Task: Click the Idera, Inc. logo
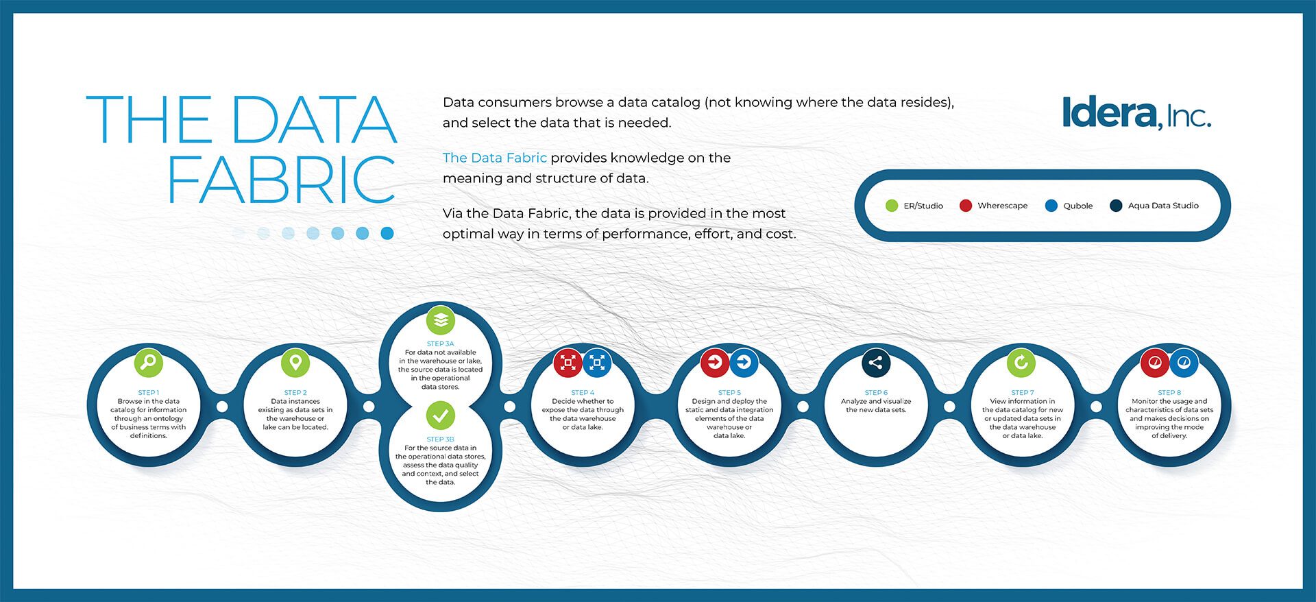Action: (1136, 113)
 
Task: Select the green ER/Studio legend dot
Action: (892, 206)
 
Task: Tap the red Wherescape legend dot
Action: (966, 206)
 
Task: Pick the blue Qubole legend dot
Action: (1051, 206)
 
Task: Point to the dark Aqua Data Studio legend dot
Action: (1116, 206)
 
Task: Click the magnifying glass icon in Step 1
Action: (149, 362)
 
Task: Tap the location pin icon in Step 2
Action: (295, 362)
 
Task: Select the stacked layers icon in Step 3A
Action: (441, 320)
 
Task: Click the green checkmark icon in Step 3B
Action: (441, 415)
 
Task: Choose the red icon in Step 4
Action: (568, 363)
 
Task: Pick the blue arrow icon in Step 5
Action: (744, 362)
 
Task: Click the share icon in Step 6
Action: (876, 363)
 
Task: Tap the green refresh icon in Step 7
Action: (1021, 362)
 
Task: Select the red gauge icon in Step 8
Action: (1154, 363)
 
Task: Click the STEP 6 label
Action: (876, 393)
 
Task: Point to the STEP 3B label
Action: (441, 439)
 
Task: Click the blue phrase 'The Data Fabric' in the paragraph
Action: (495, 158)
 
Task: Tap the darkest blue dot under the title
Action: (387, 233)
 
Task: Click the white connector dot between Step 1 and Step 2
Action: (222, 407)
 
